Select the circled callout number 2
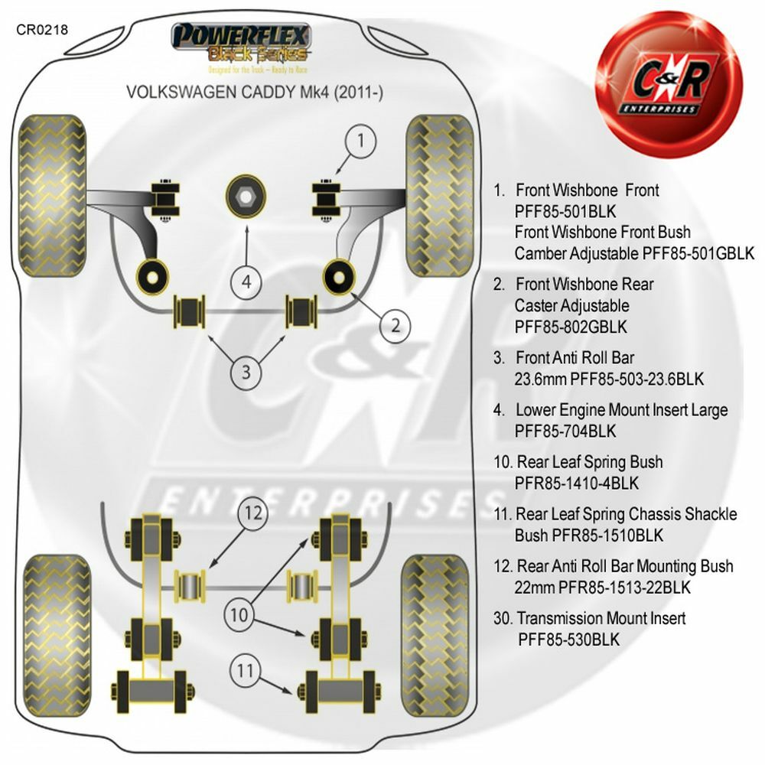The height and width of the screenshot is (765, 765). (x=396, y=324)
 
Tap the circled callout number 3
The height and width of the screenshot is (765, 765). (x=246, y=373)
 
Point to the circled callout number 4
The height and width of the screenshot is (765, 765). (x=246, y=282)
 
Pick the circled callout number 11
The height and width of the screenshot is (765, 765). (x=244, y=671)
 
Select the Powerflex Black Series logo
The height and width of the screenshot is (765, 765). (x=241, y=44)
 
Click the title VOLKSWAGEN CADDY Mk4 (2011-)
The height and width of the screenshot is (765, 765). (x=255, y=92)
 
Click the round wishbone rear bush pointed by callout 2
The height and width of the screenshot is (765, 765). (x=340, y=275)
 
